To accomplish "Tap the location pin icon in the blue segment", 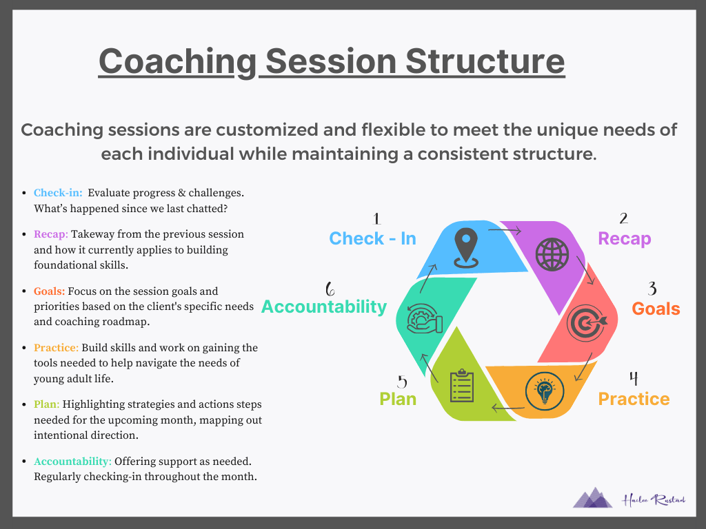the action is pyautogui.click(x=466, y=248).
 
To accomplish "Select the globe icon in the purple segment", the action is pyautogui.click(x=552, y=254).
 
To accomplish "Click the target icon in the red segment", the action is pyautogui.click(x=587, y=322).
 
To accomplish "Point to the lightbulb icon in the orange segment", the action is pyautogui.click(x=545, y=391).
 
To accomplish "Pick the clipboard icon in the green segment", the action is pyautogui.click(x=462, y=386).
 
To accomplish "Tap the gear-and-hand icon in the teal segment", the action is pyautogui.click(x=424, y=318).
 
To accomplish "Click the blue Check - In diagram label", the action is pyautogui.click(x=372, y=238).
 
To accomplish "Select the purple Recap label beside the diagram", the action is pyautogui.click(x=624, y=239).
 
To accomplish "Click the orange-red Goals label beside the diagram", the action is pyautogui.click(x=656, y=309).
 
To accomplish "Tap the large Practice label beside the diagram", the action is pyautogui.click(x=634, y=399).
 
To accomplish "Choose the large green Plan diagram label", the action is pyautogui.click(x=398, y=399).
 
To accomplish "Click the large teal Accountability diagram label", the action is pyautogui.click(x=324, y=307).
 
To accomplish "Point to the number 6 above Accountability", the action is pyautogui.click(x=330, y=289).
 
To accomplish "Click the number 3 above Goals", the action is pyautogui.click(x=652, y=289).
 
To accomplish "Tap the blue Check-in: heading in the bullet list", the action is pyautogui.click(x=58, y=193).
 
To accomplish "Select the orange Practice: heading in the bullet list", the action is pyautogui.click(x=57, y=348).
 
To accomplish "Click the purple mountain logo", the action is pyautogui.click(x=592, y=497).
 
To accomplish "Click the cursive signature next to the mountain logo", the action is pyautogui.click(x=654, y=500).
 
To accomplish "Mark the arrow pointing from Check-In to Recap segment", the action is pyautogui.click(x=505, y=231).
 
